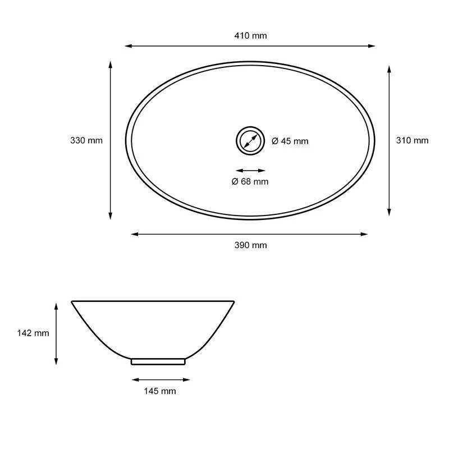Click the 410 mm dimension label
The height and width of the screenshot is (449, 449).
tap(250, 35)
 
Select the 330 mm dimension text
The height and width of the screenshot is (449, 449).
tap(86, 140)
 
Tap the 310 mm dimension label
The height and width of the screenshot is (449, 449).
tap(413, 140)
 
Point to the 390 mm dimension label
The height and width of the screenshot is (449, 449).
tap(250, 245)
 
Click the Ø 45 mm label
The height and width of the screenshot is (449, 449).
tap(290, 141)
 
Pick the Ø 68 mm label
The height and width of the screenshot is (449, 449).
tap(250, 181)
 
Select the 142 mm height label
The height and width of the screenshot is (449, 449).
tap(33, 333)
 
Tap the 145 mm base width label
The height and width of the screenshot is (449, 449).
tap(160, 391)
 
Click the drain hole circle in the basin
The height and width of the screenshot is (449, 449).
tap(250, 140)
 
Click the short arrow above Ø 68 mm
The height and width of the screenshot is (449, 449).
tap(250, 170)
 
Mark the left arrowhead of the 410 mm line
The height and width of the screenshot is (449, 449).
tap(127, 46)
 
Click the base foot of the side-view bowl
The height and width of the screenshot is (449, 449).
tap(158, 361)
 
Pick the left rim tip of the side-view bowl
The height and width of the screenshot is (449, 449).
tap(72, 302)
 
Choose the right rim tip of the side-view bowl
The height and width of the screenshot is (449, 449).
tap(232, 302)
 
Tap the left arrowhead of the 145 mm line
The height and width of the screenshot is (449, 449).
tap(134, 379)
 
